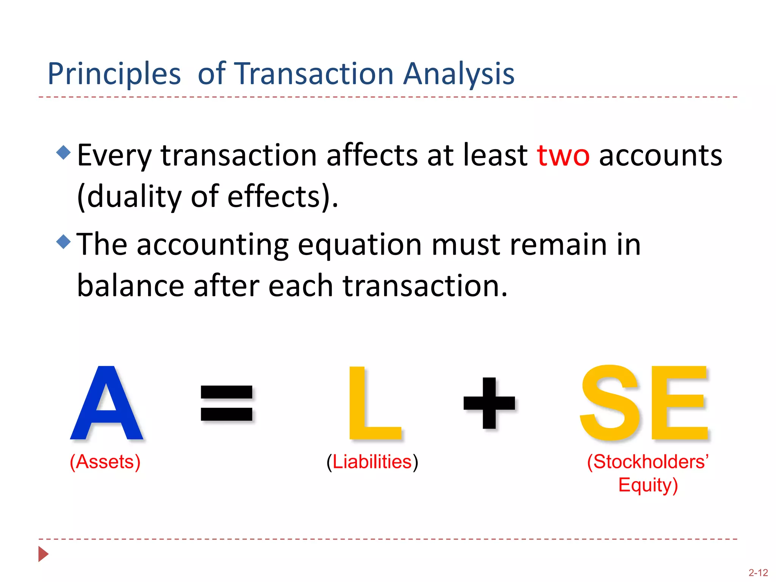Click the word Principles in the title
[x=114, y=74]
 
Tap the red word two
[x=563, y=156]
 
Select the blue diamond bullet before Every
[x=63, y=152]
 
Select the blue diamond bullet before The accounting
[x=63, y=241]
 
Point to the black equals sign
[x=227, y=403]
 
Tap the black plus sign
[x=489, y=403]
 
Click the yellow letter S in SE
[x=610, y=404]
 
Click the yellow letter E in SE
[x=678, y=404]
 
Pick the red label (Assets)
[x=105, y=462]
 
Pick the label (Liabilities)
[x=372, y=462]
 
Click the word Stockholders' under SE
[x=648, y=462]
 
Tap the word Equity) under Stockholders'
[x=648, y=485]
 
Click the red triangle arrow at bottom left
[x=43, y=554]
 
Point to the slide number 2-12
[x=758, y=573]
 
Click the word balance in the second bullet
[x=130, y=286]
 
